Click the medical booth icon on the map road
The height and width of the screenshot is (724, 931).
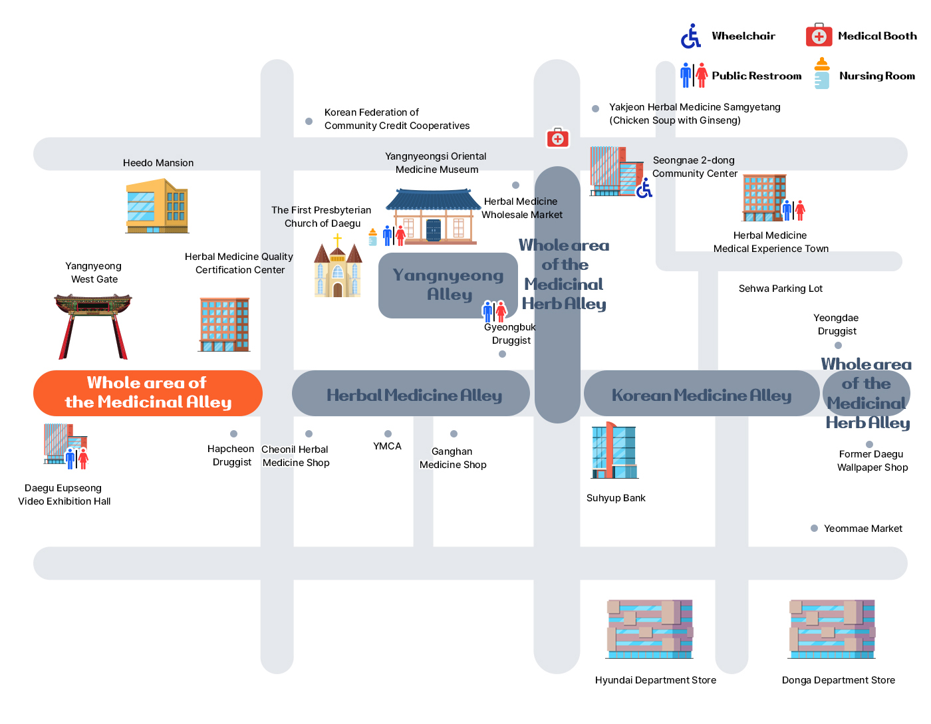click(x=557, y=138)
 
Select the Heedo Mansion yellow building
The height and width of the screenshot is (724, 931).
click(x=157, y=206)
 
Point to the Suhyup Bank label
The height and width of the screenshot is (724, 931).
click(x=616, y=498)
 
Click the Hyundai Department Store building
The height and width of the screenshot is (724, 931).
click(x=650, y=629)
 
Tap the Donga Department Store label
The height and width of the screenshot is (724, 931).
click(x=838, y=680)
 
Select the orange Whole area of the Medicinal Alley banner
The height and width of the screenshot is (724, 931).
click(x=148, y=393)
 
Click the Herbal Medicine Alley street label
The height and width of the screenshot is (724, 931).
click(x=414, y=395)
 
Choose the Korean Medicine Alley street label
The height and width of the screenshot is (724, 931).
click(x=702, y=395)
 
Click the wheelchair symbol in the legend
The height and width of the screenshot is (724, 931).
click(x=691, y=36)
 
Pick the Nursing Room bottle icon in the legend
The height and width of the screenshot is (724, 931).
click(x=821, y=73)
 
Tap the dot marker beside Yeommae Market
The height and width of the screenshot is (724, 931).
click(x=814, y=529)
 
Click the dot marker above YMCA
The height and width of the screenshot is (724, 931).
click(x=388, y=433)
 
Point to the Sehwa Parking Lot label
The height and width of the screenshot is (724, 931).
click(x=780, y=289)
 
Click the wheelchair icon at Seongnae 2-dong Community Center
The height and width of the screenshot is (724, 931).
click(x=644, y=188)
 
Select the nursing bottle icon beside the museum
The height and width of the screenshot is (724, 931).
click(x=373, y=237)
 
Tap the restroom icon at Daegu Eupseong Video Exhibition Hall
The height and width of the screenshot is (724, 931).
click(x=76, y=458)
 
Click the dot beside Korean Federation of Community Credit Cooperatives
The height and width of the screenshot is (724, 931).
click(x=309, y=121)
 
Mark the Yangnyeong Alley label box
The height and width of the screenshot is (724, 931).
click(x=448, y=285)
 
